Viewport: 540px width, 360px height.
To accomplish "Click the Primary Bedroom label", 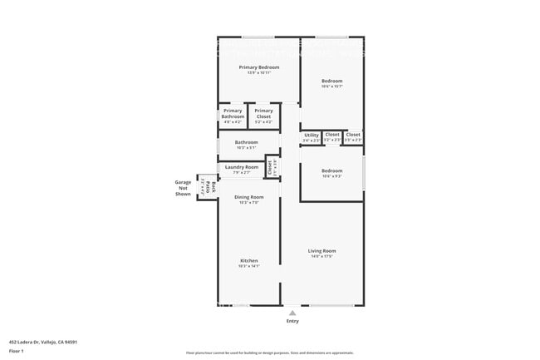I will pyautogui.click(x=259, y=67).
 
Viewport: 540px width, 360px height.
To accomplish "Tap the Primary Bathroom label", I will pyautogui.click(x=233, y=114).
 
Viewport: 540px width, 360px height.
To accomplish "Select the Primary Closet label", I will pyautogui.click(x=263, y=114).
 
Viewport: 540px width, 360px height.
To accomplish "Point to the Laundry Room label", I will pyautogui.click(x=242, y=167).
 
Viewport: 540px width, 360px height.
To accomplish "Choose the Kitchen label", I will pyautogui.click(x=249, y=260).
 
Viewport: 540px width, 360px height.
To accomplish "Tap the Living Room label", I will pyautogui.click(x=322, y=250).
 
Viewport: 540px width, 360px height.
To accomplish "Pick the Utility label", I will pyautogui.click(x=311, y=135).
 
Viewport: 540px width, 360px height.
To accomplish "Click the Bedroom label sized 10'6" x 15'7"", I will pyautogui.click(x=332, y=81).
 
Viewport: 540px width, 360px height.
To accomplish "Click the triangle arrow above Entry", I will pyautogui.click(x=292, y=313).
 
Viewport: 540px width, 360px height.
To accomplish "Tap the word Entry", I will pyautogui.click(x=292, y=321).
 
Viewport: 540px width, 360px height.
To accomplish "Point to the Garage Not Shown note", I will pyautogui.click(x=183, y=188).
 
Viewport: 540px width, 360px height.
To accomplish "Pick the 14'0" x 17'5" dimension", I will pyautogui.click(x=322, y=256).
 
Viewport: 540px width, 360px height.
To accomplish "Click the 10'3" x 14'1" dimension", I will pyautogui.click(x=249, y=266).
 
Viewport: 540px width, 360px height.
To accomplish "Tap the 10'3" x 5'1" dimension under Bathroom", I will pyautogui.click(x=246, y=148).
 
